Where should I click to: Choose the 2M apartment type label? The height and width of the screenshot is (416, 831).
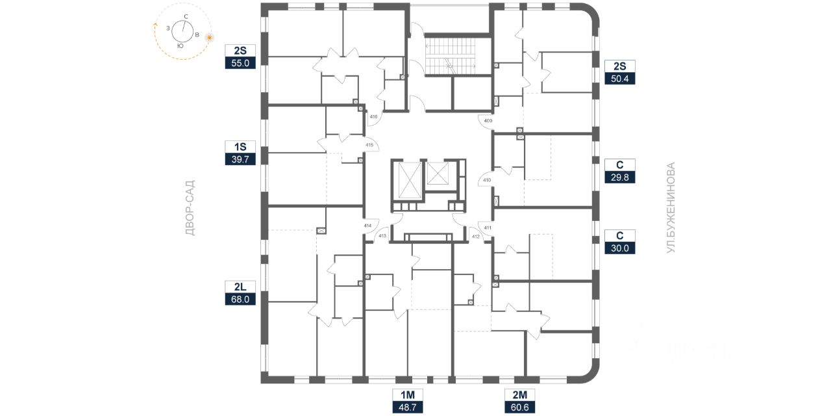pos(520,394)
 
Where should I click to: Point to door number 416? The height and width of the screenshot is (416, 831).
pos(373,117)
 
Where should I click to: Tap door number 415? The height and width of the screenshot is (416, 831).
pos(369,145)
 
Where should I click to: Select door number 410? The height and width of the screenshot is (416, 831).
pos(488,180)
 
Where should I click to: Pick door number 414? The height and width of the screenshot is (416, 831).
pos(367,226)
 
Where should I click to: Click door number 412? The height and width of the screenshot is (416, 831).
pos(475,236)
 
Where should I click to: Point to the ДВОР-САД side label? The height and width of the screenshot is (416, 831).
pos(190,208)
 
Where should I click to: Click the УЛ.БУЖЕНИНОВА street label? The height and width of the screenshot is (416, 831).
pos(671,207)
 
